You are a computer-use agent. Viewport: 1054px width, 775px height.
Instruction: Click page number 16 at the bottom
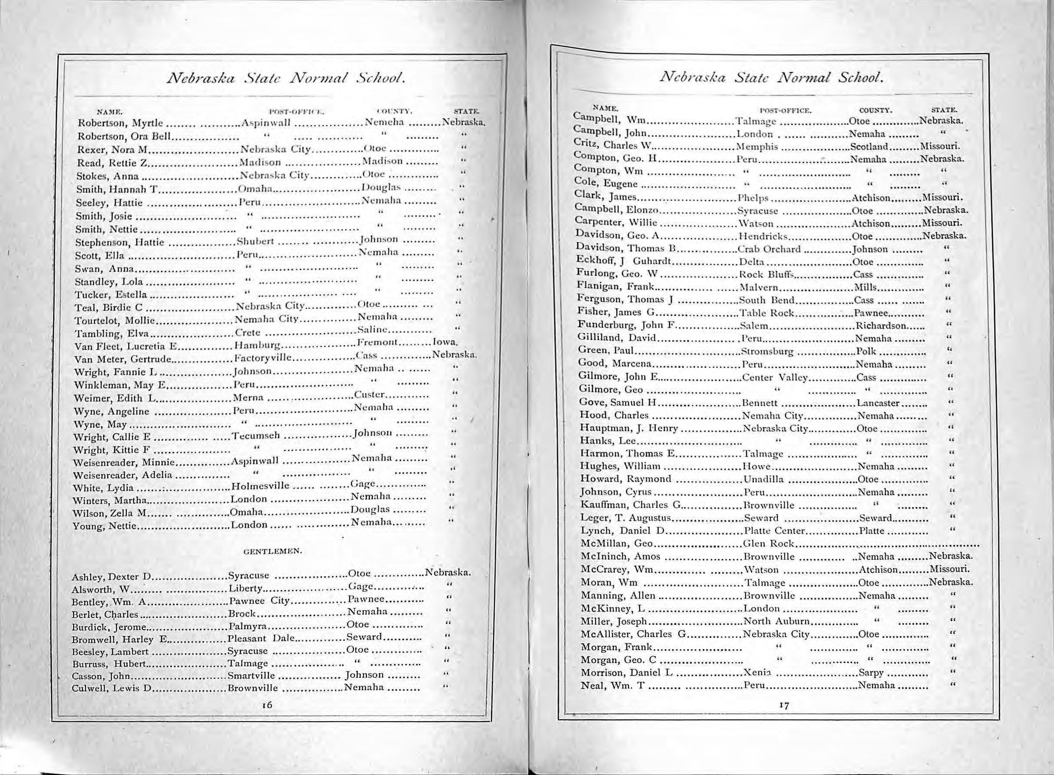[268, 705]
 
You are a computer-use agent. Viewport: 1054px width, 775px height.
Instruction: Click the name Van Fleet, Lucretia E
[125, 347]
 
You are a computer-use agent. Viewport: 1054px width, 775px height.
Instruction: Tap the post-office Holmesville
[260, 486]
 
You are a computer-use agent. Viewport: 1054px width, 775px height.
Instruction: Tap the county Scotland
[868, 146]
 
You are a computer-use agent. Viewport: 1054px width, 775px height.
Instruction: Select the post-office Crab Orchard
[769, 249]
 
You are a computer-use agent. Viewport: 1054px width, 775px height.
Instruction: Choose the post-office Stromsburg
[767, 351]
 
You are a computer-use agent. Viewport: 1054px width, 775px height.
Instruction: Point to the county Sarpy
[871, 672]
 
